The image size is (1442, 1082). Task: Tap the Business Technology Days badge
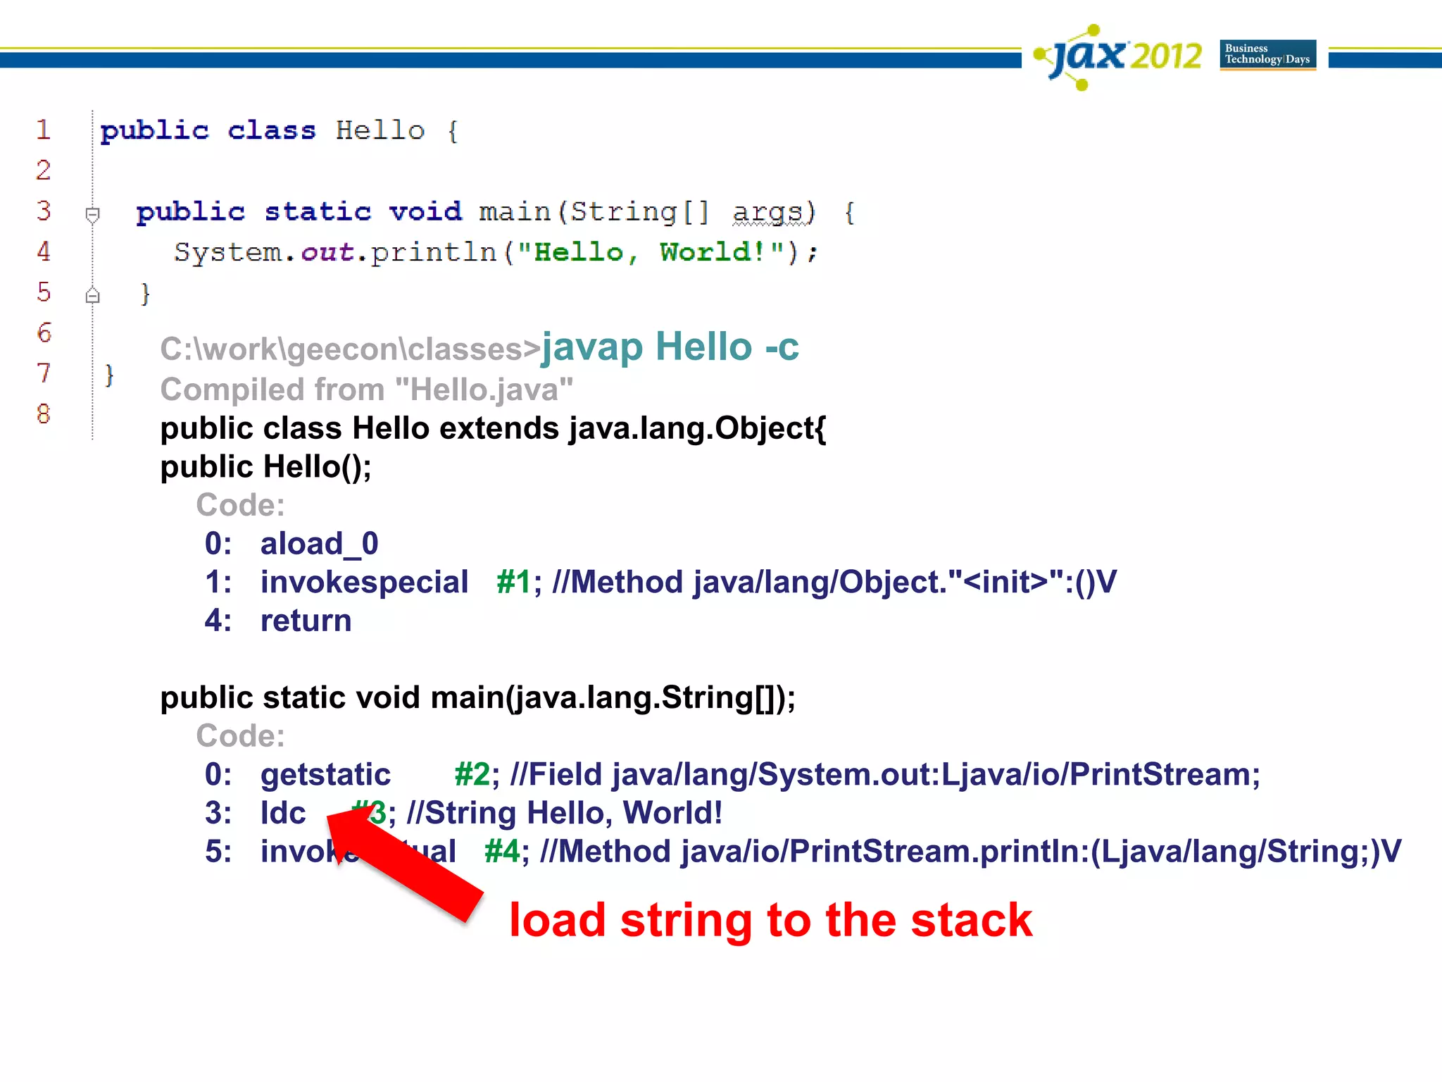(x=1267, y=55)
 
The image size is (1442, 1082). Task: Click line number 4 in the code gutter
(x=44, y=251)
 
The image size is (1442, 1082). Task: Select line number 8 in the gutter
(x=44, y=413)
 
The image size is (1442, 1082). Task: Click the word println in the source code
(x=434, y=252)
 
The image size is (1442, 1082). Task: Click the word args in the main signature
(x=767, y=212)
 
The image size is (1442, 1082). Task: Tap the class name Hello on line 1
(x=380, y=131)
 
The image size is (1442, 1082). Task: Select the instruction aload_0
(x=320, y=544)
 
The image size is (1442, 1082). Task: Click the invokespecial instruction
(x=364, y=583)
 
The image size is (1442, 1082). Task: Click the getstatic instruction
(x=325, y=775)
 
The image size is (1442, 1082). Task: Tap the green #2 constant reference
(x=472, y=775)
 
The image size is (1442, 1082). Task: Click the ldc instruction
(x=283, y=814)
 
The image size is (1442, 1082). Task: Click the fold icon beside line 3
(x=92, y=213)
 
